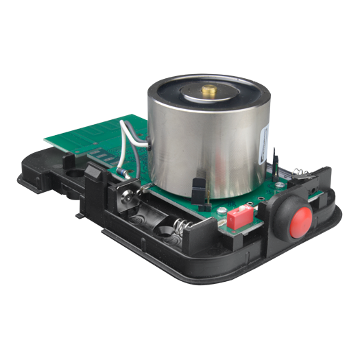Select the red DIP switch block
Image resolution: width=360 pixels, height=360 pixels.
(x=239, y=219)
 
